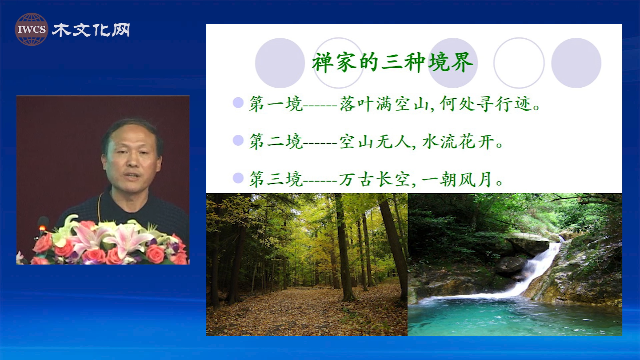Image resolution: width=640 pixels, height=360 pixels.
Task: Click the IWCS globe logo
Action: click(x=31, y=29)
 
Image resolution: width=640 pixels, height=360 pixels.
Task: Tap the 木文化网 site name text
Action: click(x=91, y=30)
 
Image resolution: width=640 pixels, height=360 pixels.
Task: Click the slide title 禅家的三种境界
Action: click(x=393, y=62)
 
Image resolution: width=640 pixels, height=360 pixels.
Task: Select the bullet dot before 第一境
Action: click(x=238, y=102)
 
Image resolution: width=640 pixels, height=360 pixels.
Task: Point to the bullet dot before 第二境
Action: click(x=238, y=140)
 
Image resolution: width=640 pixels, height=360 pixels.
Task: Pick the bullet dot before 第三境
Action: click(x=238, y=178)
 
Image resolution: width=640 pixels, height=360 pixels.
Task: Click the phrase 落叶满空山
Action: click(x=384, y=104)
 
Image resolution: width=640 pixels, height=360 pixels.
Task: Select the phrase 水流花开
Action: click(x=459, y=142)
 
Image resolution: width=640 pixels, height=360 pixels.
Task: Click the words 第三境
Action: click(x=276, y=179)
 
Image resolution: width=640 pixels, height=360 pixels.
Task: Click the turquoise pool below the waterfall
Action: click(x=515, y=317)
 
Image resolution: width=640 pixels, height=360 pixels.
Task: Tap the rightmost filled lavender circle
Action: click(x=576, y=63)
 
